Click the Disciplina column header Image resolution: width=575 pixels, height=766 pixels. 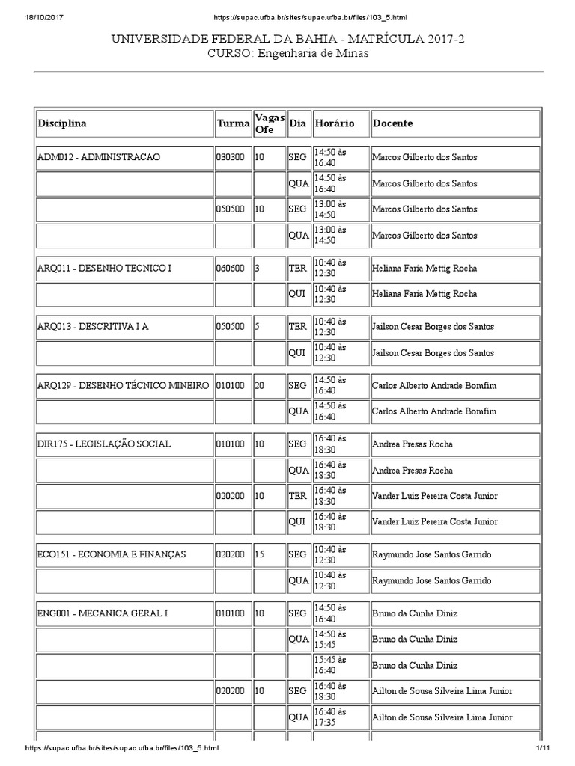(x=62, y=123)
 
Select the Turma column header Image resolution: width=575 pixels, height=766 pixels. (x=233, y=123)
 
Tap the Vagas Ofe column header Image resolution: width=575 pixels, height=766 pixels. (x=269, y=123)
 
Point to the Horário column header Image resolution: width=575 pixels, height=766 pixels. (x=334, y=123)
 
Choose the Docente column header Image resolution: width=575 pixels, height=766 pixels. (x=392, y=123)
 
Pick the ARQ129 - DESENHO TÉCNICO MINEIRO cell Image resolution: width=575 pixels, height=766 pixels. (x=123, y=385)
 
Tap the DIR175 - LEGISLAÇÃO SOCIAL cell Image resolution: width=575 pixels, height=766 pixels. (x=103, y=444)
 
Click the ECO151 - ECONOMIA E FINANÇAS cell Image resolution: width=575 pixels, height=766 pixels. (x=111, y=554)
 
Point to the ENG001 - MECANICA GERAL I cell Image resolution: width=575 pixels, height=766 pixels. (x=103, y=613)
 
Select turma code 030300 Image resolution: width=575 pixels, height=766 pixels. (x=230, y=158)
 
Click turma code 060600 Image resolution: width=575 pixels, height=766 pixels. (x=230, y=268)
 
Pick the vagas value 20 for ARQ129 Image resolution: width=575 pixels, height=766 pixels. (x=260, y=385)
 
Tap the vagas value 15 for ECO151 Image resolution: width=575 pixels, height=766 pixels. (x=260, y=554)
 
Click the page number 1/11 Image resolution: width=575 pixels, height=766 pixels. (x=543, y=748)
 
